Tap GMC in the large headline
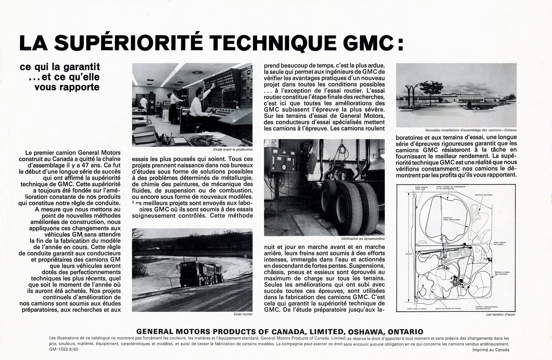[367, 43]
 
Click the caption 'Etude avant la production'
[233, 149]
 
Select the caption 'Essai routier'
[243, 314]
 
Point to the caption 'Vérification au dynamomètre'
[363, 239]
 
